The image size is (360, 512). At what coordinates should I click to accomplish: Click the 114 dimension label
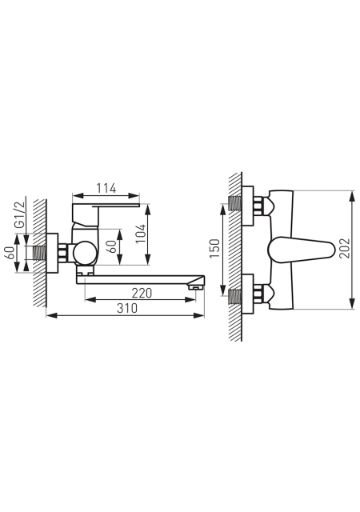106,189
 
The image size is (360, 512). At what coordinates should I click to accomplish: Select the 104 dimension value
141,234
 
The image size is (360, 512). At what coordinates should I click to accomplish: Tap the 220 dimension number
142,293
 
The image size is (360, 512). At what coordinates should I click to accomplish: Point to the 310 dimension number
127,308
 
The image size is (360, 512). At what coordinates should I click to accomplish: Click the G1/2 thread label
20,214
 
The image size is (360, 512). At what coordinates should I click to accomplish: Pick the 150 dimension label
214,248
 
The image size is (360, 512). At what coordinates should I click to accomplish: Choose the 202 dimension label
344,249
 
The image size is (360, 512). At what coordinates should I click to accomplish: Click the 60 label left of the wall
10,253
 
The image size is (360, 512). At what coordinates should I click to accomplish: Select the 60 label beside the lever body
111,246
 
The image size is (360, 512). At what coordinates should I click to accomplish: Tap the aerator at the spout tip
195,288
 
